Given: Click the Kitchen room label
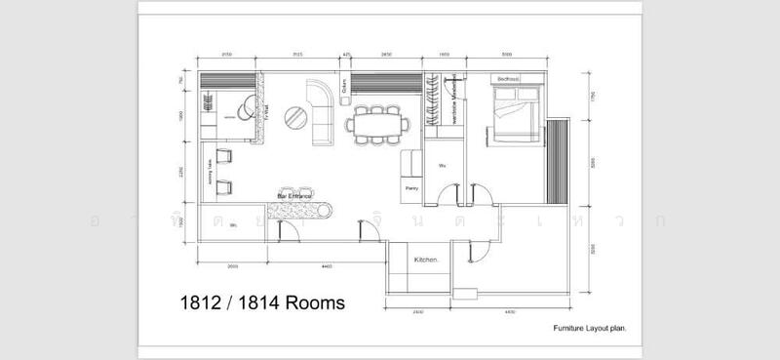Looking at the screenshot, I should [x=426, y=260].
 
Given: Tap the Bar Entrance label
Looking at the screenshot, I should [x=294, y=195].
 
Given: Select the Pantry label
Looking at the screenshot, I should [x=410, y=187].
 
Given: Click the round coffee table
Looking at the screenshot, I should [x=294, y=118].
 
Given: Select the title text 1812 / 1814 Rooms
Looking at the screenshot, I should [x=262, y=303].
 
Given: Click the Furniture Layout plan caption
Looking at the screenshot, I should [x=589, y=330].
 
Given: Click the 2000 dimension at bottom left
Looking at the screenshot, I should [x=233, y=265].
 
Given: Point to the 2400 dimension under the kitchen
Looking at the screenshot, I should [x=417, y=312].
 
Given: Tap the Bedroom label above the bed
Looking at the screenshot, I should [x=508, y=78].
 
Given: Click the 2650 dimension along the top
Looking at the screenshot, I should [x=387, y=56].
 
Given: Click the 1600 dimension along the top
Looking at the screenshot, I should [x=444, y=56].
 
